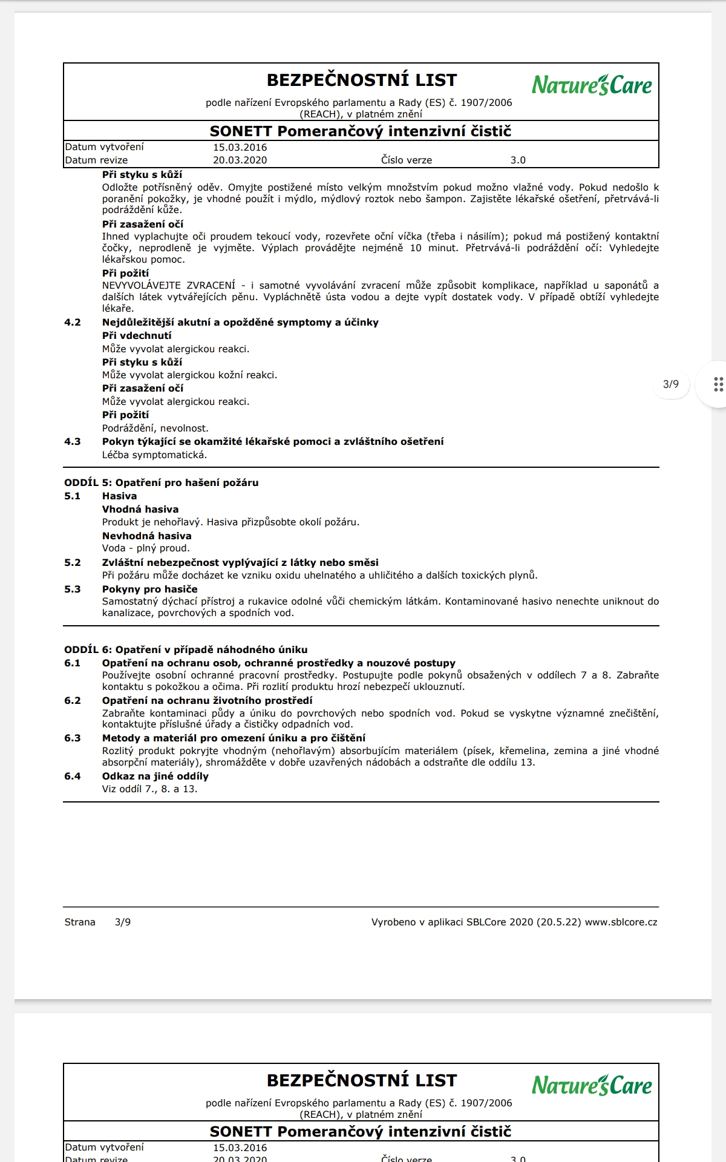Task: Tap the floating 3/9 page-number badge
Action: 671,384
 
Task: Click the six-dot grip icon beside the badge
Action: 718,384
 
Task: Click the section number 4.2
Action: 73,323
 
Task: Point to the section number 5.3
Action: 73,589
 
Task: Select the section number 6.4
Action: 73,776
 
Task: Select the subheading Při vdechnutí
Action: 137,336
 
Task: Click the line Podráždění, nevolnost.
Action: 155,428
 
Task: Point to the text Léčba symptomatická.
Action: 154,455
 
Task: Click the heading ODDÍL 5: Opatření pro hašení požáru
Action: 162,483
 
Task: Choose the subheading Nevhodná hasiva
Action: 146,536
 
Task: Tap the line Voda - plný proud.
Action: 146,548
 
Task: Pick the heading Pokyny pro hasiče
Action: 149,589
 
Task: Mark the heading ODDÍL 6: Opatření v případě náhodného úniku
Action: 186,650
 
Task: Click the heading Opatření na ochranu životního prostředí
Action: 207,701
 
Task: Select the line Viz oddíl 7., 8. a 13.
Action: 149,789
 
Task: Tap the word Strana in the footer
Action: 80,922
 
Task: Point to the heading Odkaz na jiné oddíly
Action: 155,776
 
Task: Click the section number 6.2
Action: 73,701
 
